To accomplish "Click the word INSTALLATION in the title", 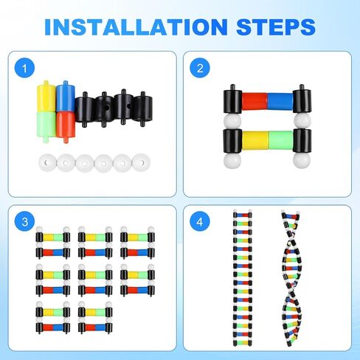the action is click(x=136, y=27).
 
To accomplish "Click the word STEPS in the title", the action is click(x=276, y=27).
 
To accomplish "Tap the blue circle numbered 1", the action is click(x=24, y=68).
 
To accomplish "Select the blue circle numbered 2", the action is click(x=200, y=68).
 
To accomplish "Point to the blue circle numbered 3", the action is click(x=24, y=221).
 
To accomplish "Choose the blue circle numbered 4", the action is click(x=200, y=221).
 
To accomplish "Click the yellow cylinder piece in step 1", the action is click(x=46, y=97).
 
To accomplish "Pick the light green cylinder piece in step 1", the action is click(x=46, y=126).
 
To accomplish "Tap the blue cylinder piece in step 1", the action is click(x=66, y=97).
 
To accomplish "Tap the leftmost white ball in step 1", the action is click(x=47, y=163).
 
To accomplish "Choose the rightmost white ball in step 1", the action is click(x=141, y=162).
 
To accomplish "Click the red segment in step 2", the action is click(x=255, y=102).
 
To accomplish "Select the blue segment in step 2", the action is click(x=280, y=102).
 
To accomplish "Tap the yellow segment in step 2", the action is click(x=255, y=140).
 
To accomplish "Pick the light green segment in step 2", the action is click(x=281, y=140).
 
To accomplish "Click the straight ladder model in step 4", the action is click(x=243, y=278).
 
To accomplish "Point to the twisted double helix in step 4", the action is click(x=291, y=278).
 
